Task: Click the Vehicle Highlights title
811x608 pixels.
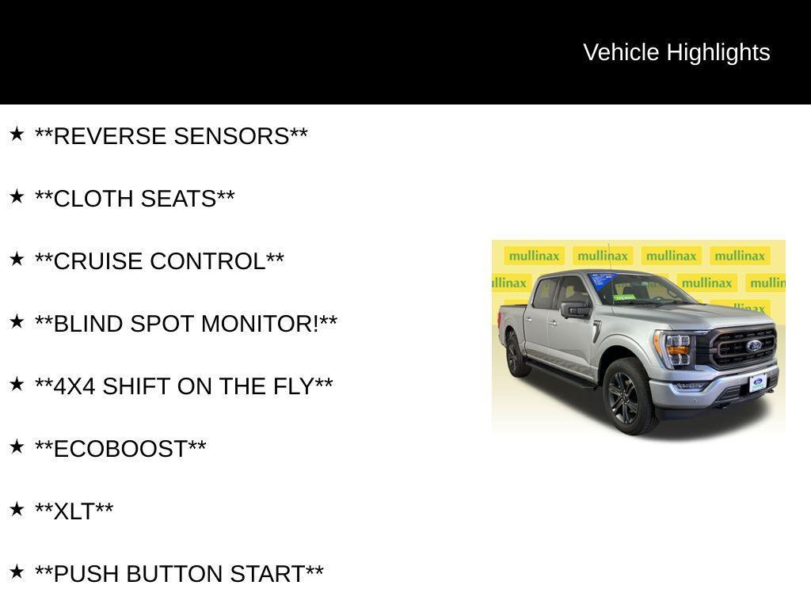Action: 676,52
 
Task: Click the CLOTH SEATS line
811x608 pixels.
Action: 135,199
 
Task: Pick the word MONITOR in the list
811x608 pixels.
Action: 261,324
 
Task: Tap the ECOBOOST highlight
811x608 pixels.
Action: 120,449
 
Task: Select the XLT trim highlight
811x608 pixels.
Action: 74,511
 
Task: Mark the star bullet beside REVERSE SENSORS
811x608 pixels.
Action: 17,135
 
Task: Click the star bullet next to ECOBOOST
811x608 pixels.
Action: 17,447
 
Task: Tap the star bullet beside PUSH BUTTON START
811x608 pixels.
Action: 17,572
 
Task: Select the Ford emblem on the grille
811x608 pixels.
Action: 753,345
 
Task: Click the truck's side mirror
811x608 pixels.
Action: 574,310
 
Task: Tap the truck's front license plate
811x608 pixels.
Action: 757,384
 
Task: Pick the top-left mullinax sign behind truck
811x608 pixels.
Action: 535,256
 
